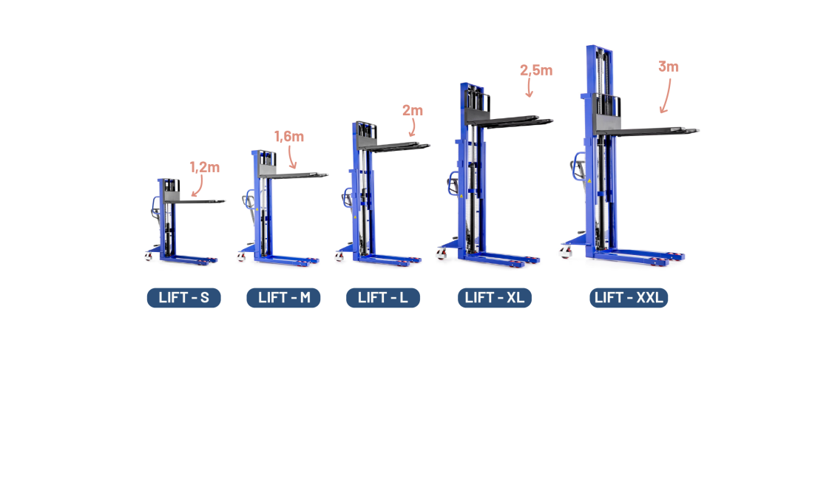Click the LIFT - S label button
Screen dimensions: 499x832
pos(183,298)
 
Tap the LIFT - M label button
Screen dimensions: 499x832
pos(283,298)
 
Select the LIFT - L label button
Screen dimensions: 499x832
pos(382,298)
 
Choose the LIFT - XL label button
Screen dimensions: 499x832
pos(494,298)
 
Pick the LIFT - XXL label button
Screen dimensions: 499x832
pos(629,298)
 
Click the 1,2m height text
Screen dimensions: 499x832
pos(205,167)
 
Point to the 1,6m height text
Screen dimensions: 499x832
pos(289,136)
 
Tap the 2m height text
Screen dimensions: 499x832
pos(413,110)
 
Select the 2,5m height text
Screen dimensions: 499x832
pos(536,70)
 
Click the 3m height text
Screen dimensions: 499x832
pos(668,67)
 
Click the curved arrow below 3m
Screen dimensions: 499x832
pos(667,96)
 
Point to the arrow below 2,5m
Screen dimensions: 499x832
pos(530,88)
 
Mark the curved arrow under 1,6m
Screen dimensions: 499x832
pos(292,157)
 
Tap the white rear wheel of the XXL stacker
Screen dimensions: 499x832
pos(566,254)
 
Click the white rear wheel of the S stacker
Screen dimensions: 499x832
pos(149,257)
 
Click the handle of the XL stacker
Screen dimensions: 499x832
pos(451,183)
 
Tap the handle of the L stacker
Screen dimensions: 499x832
pos(345,198)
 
